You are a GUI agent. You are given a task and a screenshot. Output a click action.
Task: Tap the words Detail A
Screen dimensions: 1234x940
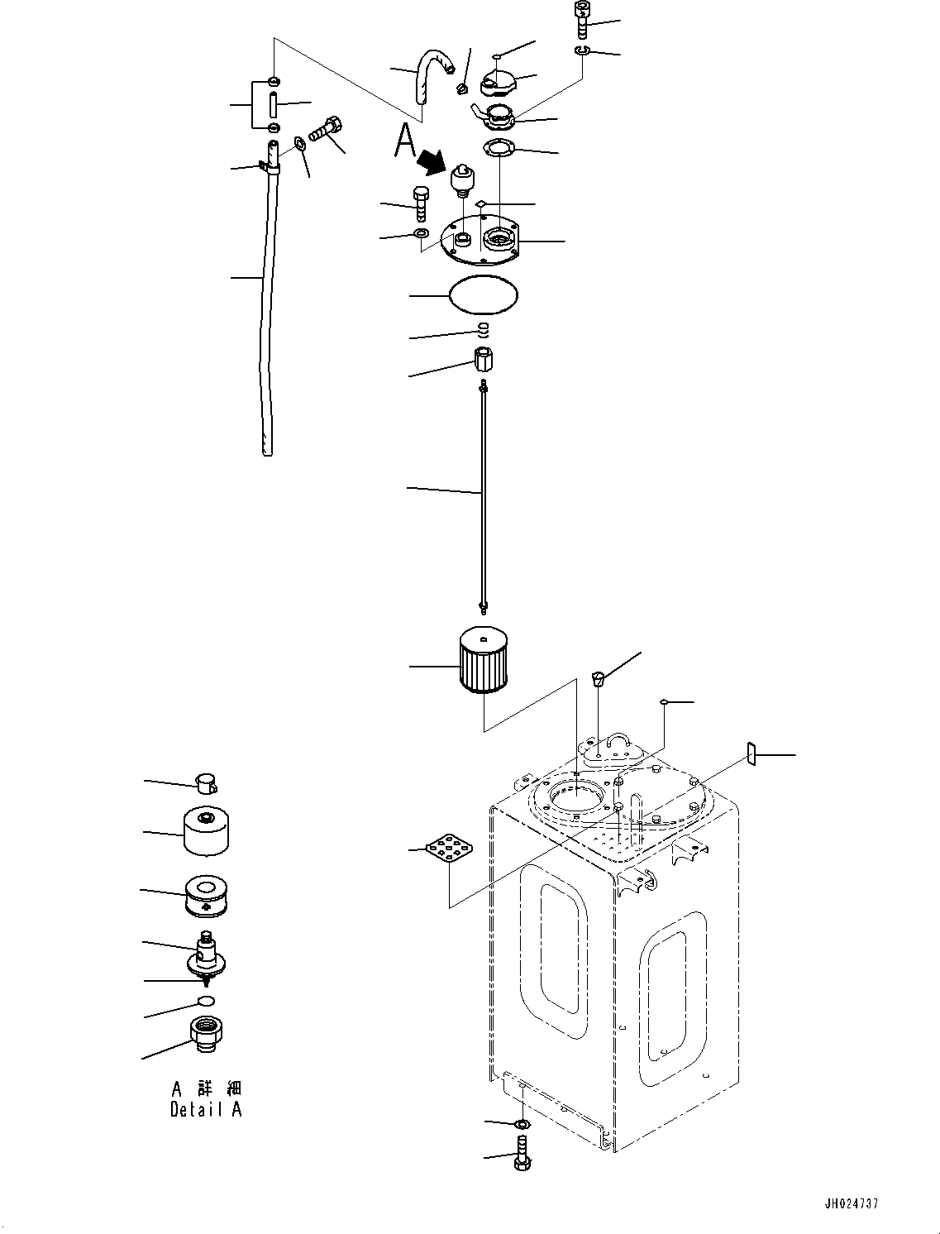pyautogui.click(x=206, y=1110)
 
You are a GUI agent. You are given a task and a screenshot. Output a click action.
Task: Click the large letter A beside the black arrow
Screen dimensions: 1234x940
pyautogui.click(x=404, y=140)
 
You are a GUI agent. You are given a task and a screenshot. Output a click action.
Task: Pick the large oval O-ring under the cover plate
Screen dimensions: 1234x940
pyautogui.click(x=484, y=294)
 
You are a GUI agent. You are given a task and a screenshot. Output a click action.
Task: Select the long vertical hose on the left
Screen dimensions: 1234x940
pyautogui.click(x=265, y=314)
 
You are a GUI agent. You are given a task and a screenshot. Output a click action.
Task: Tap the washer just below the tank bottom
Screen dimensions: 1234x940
pyautogui.click(x=522, y=1125)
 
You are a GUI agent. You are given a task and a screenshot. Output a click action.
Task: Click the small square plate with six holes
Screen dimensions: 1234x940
pyautogui.click(x=450, y=850)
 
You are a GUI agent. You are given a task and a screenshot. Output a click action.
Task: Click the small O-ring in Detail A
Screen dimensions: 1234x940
pyautogui.click(x=206, y=1002)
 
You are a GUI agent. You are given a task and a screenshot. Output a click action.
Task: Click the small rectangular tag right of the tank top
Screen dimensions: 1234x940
pyautogui.click(x=752, y=753)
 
